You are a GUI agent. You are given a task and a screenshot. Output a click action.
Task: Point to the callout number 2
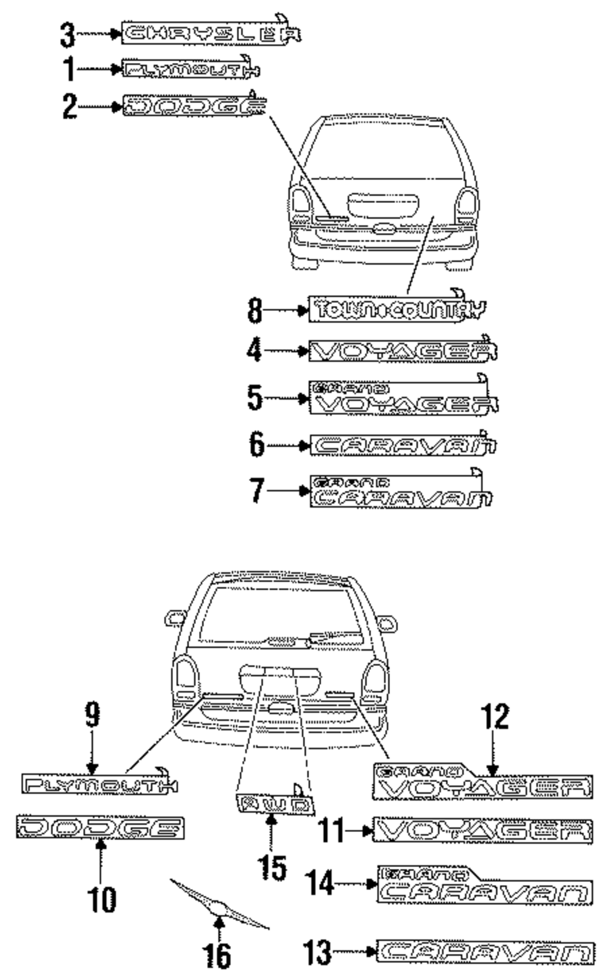point(69,107)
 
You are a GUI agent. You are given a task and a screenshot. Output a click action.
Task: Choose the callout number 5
point(254,398)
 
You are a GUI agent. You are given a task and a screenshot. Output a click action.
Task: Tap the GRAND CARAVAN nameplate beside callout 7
point(400,492)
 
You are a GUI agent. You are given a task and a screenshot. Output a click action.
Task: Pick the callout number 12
point(495,717)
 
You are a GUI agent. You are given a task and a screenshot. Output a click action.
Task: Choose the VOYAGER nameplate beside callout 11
point(482,831)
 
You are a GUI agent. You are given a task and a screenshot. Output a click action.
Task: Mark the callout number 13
point(318,953)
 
